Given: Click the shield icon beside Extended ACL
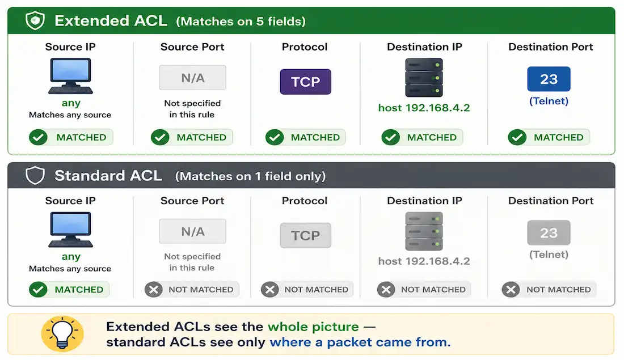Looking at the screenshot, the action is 35,20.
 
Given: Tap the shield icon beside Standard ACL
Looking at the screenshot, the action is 35,175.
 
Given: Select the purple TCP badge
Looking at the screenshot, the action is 305,82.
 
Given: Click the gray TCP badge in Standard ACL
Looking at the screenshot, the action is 305,235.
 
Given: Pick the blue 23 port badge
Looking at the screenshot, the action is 549,79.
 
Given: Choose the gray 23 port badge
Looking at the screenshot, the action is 549,232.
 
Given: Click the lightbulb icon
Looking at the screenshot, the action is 62,334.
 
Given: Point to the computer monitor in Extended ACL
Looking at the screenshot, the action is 70,75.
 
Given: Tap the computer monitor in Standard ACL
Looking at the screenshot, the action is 70,230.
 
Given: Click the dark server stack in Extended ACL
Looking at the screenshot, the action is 424,78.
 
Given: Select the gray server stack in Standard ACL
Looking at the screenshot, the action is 424,231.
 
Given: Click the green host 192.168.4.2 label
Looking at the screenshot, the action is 424,108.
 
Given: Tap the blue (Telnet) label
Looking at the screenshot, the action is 549,101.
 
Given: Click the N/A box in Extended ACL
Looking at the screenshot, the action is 193,78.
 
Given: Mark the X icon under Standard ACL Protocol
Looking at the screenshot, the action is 270,290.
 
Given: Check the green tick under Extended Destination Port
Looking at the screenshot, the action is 517,137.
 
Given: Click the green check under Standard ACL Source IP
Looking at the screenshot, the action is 38,290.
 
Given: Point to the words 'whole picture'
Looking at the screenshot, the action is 313,327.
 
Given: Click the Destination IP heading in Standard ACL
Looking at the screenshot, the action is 425,201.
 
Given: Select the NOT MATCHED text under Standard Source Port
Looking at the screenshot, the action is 201,290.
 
